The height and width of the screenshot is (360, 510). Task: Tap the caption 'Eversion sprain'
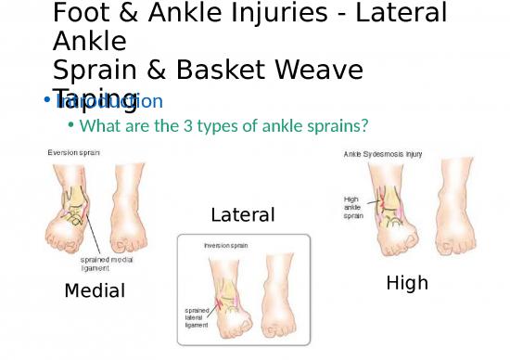click(74, 152)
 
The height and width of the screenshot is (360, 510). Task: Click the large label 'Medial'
click(95, 291)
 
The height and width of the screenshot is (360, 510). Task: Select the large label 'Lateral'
click(243, 215)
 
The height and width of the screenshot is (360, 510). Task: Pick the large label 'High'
click(407, 283)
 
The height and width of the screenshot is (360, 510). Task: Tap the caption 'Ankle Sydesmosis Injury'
click(383, 155)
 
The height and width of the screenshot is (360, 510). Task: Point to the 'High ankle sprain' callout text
click(353, 207)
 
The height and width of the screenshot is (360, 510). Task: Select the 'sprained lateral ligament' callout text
click(197, 317)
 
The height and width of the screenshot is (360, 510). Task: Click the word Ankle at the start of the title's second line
click(90, 42)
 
